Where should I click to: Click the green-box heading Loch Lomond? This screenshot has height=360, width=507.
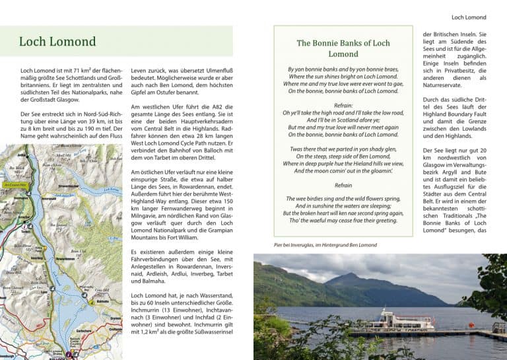coord(57,42)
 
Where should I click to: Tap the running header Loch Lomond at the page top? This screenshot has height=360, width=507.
coord(468,17)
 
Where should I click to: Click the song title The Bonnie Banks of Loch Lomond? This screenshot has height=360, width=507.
coord(343,48)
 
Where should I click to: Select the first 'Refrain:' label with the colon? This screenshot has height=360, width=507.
coord(343,105)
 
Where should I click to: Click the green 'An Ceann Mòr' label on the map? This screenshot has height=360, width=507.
coord(14,186)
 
